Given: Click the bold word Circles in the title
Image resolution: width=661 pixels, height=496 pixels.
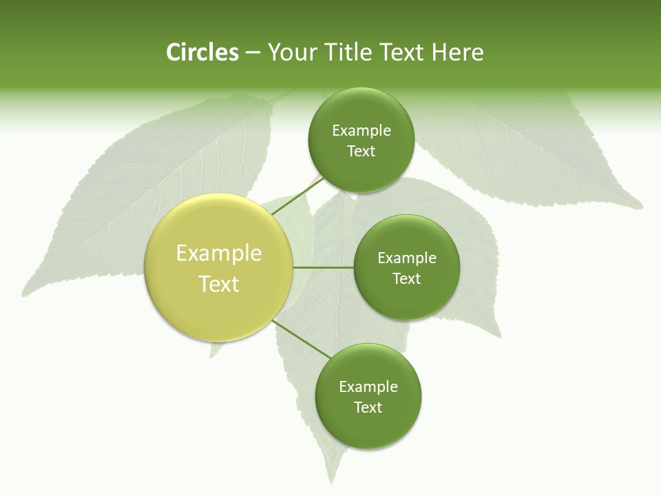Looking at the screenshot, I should click(202, 52).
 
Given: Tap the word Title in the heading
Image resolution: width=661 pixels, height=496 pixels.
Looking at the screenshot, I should click(348, 52).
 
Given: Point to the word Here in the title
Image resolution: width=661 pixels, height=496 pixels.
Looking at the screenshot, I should click(457, 52).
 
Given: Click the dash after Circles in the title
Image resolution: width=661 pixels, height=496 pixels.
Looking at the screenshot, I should click(253, 53).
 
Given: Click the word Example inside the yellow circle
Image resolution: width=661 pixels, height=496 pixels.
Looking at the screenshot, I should click(218, 254).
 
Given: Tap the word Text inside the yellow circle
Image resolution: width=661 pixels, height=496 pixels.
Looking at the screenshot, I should click(218, 284).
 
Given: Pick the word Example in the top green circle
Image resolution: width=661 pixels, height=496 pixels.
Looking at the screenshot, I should click(361, 131).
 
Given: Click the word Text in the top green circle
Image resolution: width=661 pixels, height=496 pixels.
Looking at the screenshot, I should click(361, 152).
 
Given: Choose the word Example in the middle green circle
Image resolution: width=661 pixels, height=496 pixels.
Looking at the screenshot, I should click(406, 258).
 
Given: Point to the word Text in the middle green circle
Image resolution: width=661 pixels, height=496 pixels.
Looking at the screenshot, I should click(406, 279).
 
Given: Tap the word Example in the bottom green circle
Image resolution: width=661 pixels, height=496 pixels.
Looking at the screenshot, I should click(368, 387).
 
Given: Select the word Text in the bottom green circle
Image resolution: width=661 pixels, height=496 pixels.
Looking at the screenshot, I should click(368, 408).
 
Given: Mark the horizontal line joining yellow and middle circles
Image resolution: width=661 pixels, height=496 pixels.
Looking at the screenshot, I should click(323, 267).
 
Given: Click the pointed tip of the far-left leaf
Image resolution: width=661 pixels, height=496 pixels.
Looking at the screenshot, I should click(23, 295).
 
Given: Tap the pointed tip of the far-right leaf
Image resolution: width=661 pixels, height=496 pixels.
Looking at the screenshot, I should click(642, 205).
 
